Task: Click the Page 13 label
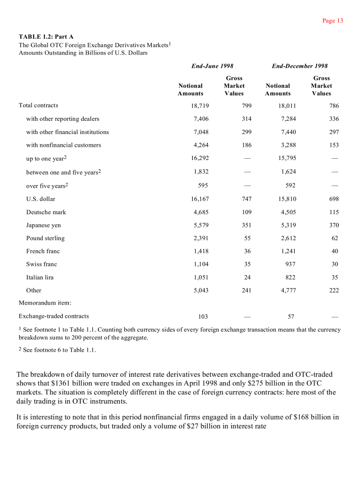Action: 333,21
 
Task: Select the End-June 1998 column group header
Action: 212,66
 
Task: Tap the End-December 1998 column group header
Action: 300,66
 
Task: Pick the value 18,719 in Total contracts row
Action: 200,106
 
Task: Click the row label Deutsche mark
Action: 46,212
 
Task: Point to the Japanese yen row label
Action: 43,225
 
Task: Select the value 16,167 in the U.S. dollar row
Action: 200,199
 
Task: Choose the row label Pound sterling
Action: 45,238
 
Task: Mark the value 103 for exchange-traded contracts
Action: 203,316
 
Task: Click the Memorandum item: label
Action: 45,303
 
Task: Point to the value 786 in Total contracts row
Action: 334,106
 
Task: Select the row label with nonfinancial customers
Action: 64,145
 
